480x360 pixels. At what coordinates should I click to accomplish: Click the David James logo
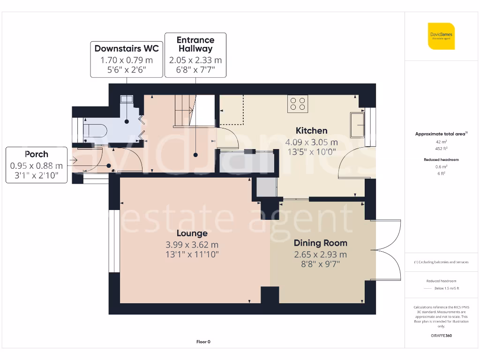(441, 36)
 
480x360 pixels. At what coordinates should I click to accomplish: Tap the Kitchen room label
(311, 130)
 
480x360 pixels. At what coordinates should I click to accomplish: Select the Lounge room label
(192, 233)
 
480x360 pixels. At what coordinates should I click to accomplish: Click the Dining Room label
(320, 243)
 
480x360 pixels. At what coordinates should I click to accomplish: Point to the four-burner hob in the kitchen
(298, 104)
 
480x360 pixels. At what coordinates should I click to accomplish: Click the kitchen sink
(357, 124)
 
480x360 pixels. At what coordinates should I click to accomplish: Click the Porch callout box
(36, 165)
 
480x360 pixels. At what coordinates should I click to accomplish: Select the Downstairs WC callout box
(127, 59)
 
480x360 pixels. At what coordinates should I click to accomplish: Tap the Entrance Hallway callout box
(195, 55)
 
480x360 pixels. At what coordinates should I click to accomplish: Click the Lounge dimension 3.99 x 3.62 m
(192, 245)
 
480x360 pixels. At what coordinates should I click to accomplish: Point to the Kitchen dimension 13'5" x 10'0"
(311, 151)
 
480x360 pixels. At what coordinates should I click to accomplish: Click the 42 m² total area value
(441, 141)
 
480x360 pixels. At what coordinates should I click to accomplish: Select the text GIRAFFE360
(441, 336)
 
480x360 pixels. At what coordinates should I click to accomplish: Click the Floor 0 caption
(203, 342)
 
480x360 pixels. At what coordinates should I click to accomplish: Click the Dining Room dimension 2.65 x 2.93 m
(320, 255)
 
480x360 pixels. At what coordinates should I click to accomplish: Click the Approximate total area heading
(441, 134)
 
